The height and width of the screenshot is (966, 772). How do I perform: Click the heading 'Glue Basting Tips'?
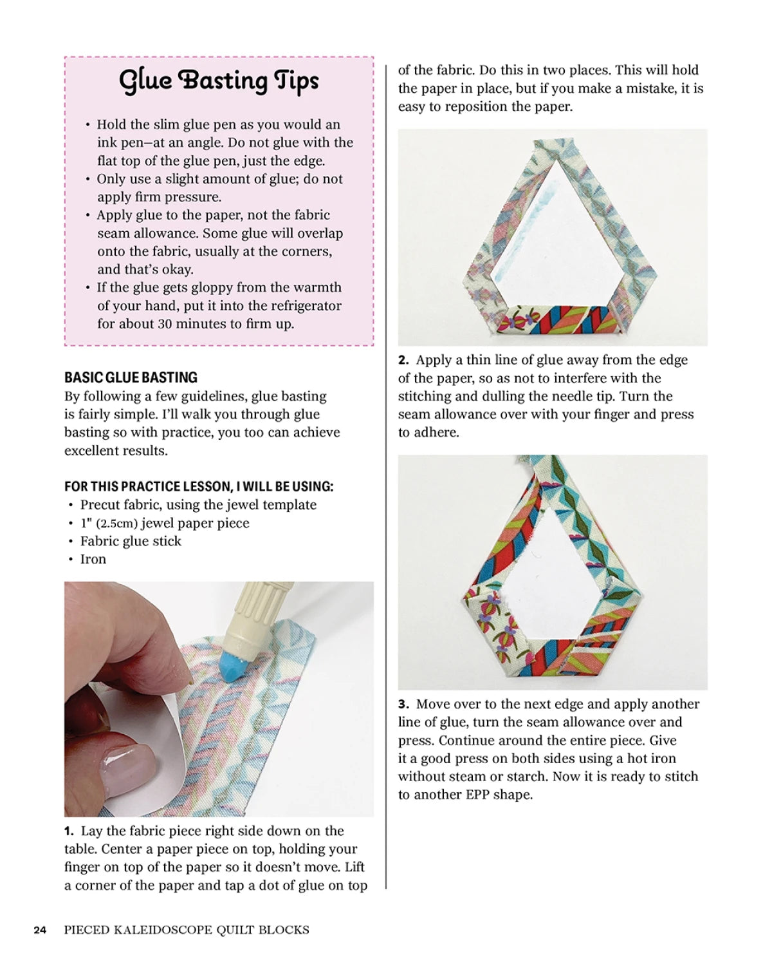(x=219, y=81)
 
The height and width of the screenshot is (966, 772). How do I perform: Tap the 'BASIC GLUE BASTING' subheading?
(x=131, y=377)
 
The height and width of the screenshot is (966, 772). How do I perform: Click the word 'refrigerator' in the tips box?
(x=300, y=306)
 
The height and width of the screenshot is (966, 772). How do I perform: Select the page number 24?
(x=40, y=930)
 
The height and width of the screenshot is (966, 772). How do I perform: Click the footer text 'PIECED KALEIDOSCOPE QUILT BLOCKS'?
(x=187, y=930)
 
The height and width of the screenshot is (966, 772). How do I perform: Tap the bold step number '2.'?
(x=403, y=361)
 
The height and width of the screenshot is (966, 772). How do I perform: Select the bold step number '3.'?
(x=403, y=705)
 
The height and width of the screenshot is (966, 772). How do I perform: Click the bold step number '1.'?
(x=69, y=831)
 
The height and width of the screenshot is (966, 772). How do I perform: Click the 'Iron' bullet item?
(x=93, y=560)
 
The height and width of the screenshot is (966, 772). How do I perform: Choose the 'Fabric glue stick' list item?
(x=131, y=542)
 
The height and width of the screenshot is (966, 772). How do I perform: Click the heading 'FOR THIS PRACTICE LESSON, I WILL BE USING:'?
(x=199, y=486)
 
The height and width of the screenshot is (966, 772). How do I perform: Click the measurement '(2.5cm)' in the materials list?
(x=116, y=524)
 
